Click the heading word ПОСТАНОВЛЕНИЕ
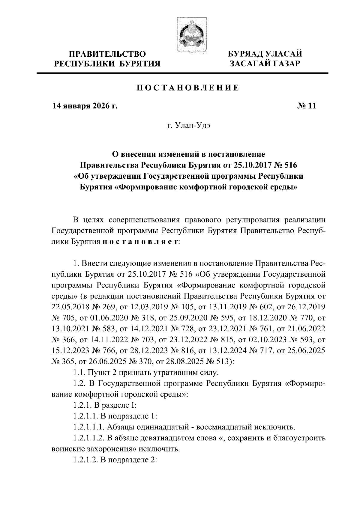pyautogui.click(x=188, y=88)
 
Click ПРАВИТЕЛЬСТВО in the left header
pyautogui.click(x=107, y=54)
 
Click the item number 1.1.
pyautogui.click(x=79, y=373)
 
